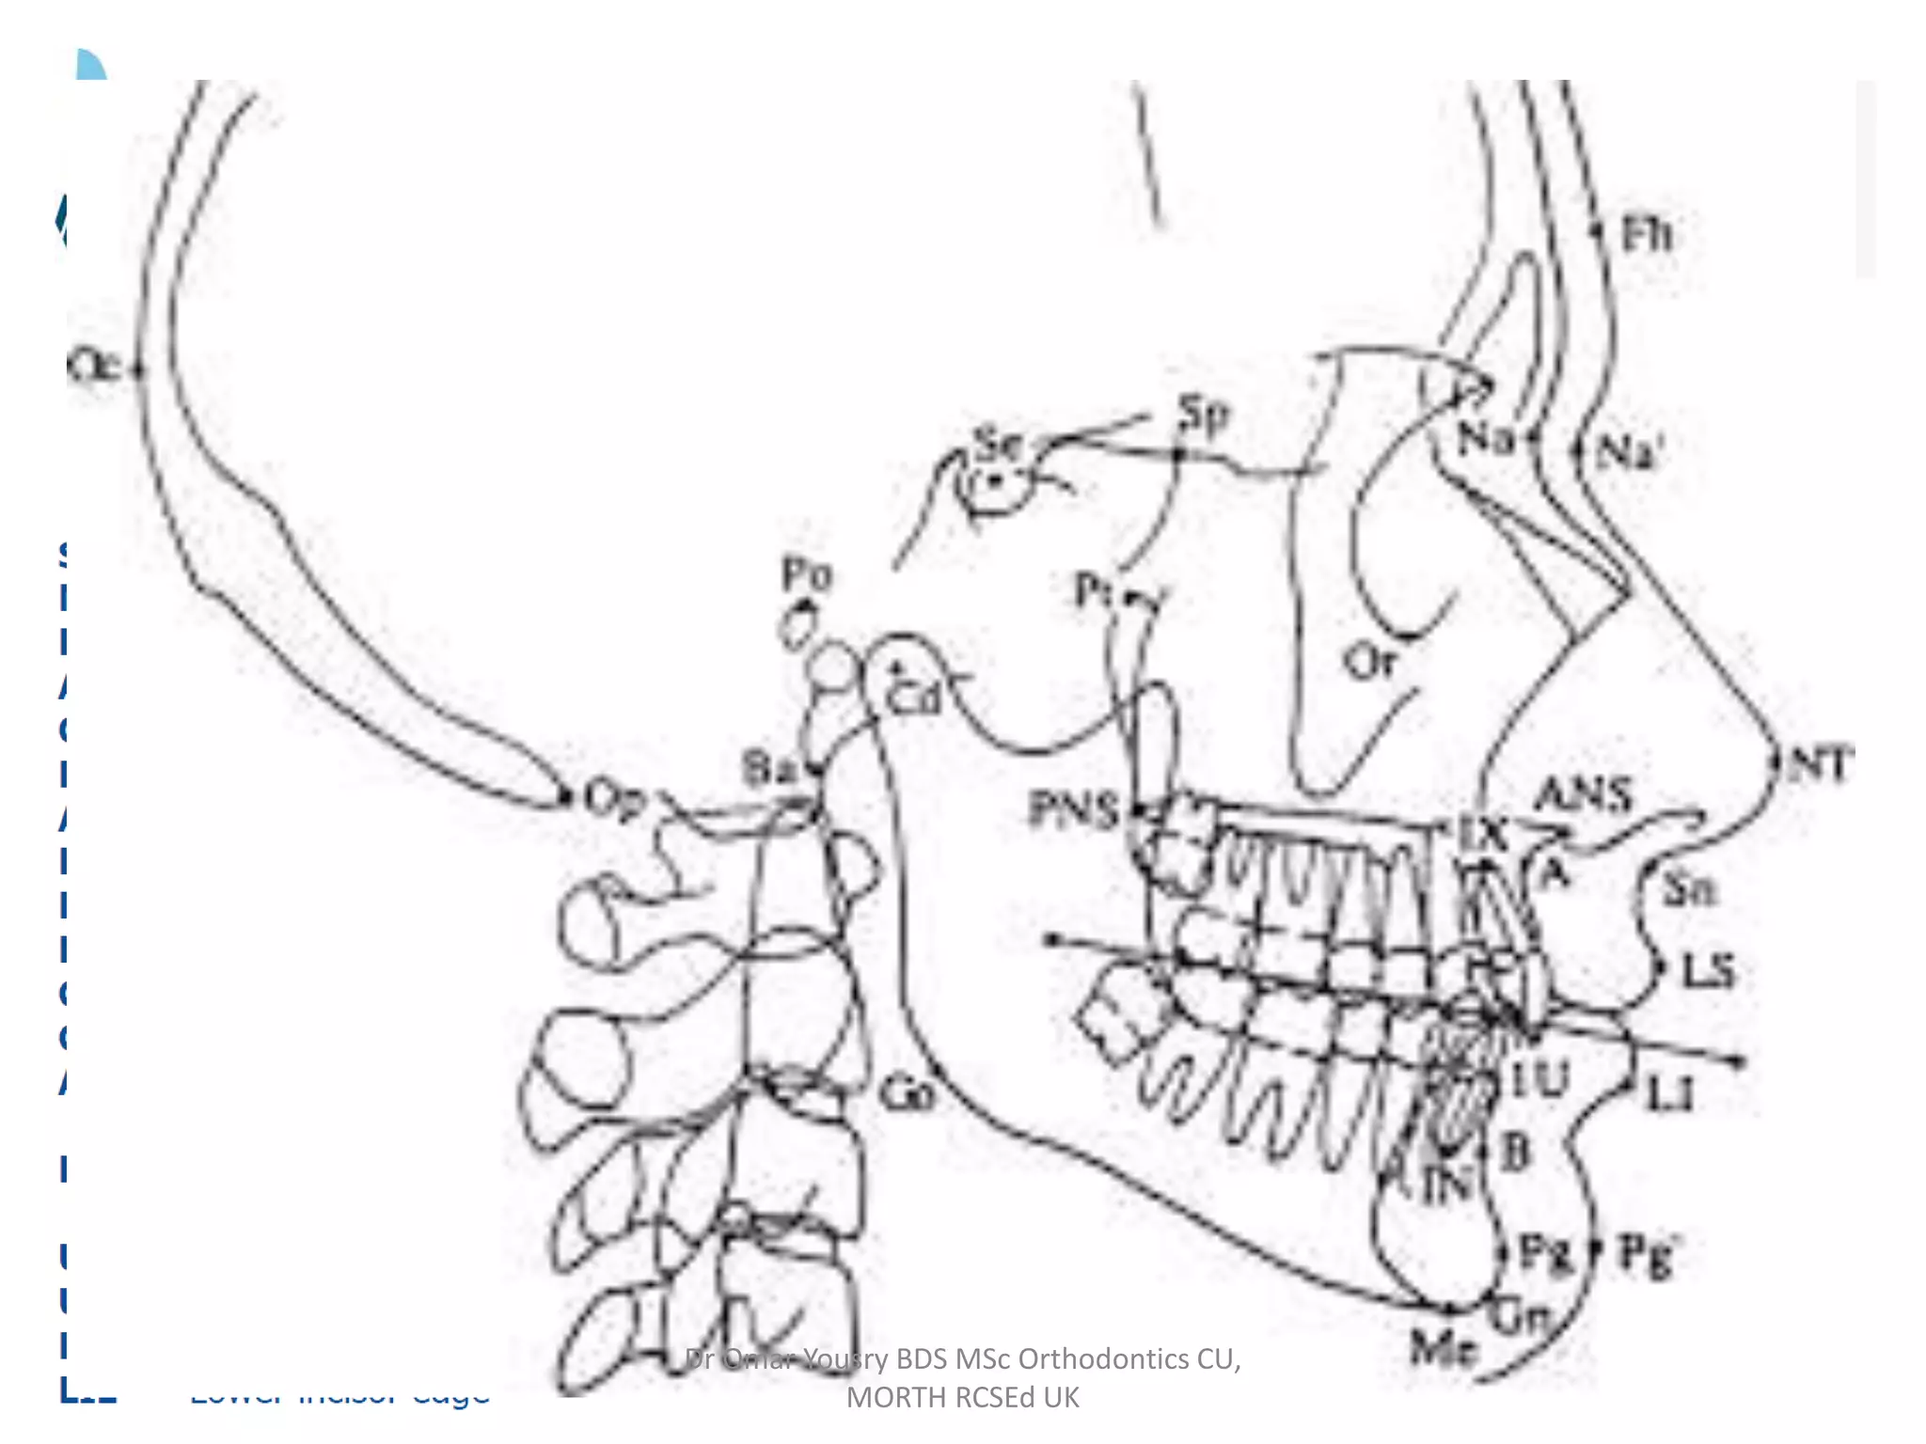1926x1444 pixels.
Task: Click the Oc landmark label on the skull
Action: (94, 367)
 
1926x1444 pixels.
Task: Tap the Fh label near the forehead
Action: (1648, 234)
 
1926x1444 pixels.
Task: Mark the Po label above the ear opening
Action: (807, 573)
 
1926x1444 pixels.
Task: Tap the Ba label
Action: (768, 768)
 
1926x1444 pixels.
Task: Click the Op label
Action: (614, 800)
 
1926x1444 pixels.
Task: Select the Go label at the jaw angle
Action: (908, 1094)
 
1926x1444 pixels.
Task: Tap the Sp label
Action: (1204, 415)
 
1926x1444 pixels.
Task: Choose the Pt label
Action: (1093, 591)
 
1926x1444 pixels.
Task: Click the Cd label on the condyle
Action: (913, 698)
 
